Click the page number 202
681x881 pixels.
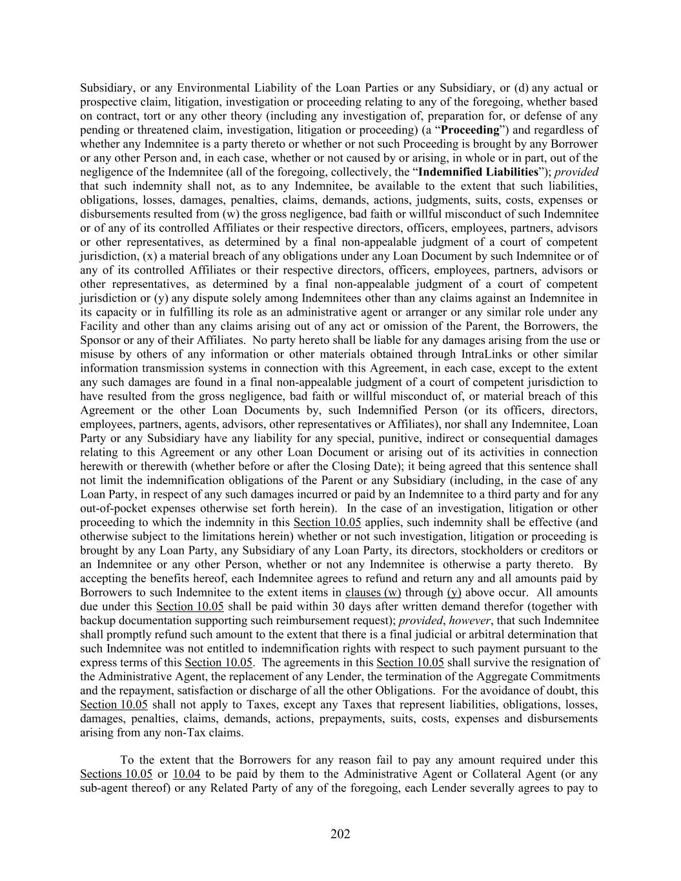pos(340,834)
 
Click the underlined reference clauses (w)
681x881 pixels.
pos(373,592)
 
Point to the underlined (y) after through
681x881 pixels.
pos(454,592)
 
